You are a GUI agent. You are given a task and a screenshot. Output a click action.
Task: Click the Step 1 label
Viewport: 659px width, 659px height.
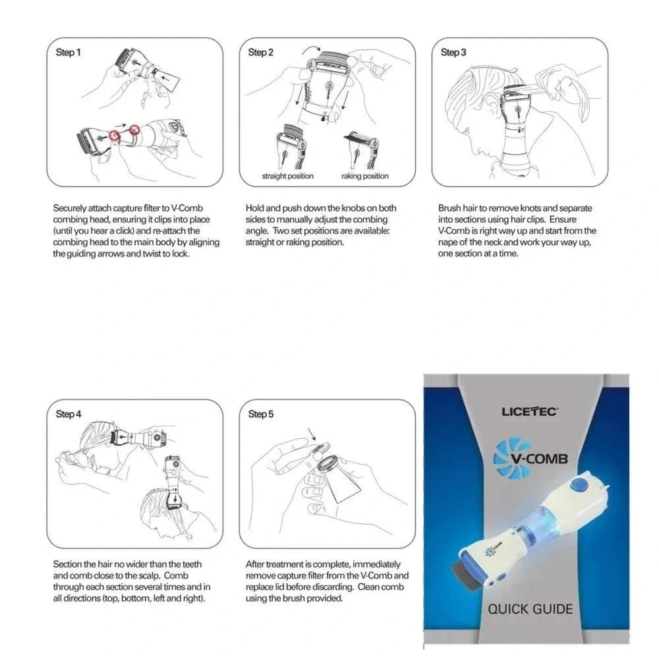[x=69, y=52]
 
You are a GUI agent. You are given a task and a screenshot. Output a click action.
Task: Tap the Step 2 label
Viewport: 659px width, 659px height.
[x=261, y=52]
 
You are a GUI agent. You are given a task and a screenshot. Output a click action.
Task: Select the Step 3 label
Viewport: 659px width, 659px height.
[x=453, y=52]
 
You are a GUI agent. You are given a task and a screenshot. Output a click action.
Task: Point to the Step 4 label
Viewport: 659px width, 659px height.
[x=69, y=415]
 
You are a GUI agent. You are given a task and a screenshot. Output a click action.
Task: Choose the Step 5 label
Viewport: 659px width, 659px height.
[x=261, y=415]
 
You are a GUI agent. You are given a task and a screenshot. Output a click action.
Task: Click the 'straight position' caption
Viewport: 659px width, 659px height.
[x=287, y=176]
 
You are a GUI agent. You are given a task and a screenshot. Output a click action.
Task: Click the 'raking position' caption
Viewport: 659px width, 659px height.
[x=364, y=176]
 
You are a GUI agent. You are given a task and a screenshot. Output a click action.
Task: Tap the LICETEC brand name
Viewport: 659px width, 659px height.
[x=530, y=411]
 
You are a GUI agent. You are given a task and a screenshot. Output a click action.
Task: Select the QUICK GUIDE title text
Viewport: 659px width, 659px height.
[x=530, y=608]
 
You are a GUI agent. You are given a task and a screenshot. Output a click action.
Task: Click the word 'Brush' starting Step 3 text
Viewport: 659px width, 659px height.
[x=449, y=208]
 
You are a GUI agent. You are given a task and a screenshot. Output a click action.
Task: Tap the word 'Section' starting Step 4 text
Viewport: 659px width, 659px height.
[x=68, y=565]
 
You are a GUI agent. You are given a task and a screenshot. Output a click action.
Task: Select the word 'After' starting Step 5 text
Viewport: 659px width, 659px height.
[x=256, y=565]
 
